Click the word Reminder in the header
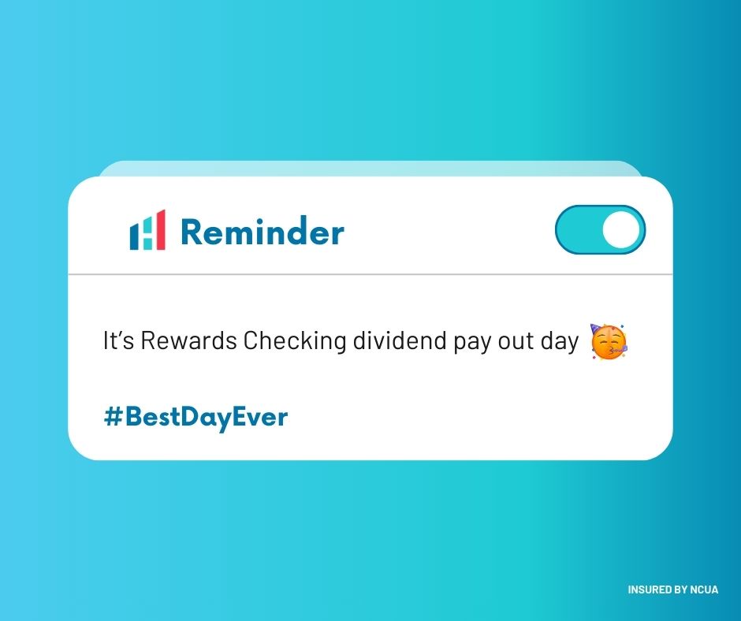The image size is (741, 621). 262,232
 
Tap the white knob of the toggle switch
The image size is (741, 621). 621,230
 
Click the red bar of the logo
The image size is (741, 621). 160,230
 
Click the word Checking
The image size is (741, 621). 295,342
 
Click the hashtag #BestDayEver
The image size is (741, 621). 195,417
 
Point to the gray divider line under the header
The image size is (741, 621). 370,274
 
